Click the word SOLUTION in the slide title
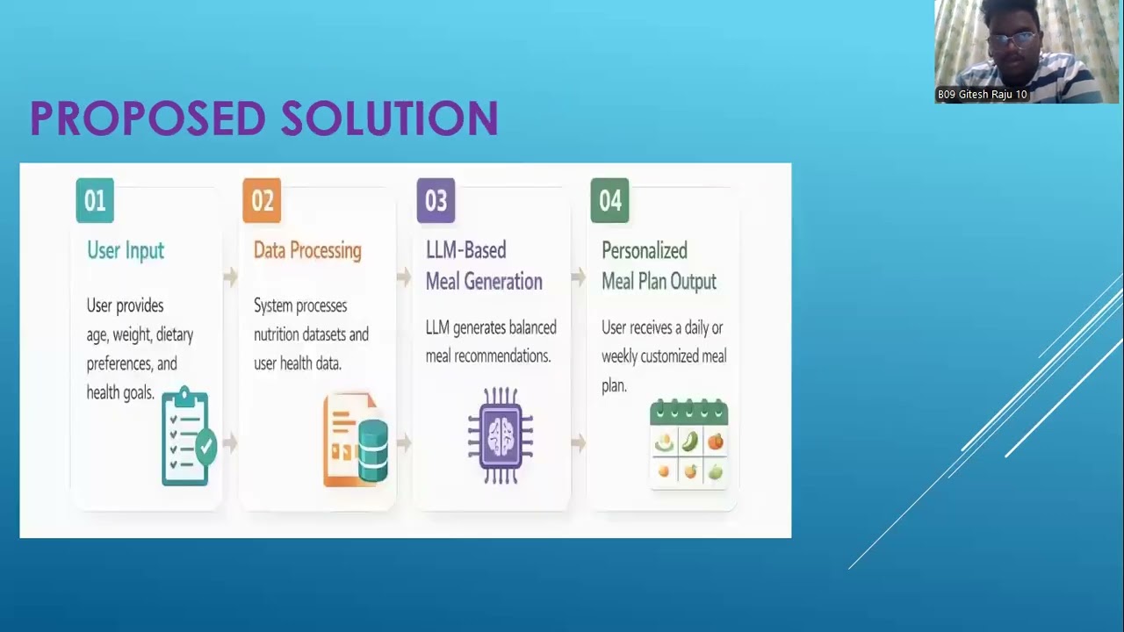(x=390, y=118)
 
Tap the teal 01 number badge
(x=95, y=201)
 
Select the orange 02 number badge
(x=262, y=201)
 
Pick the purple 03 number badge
(x=436, y=201)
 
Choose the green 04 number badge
(x=609, y=201)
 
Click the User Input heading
(x=126, y=251)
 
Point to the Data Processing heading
(x=307, y=251)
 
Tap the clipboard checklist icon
(x=187, y=437)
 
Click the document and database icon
(x=356, y=441)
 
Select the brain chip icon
(x=500, y=435)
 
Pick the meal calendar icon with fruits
(x=688, y=443)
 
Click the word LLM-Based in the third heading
(x=465, y=251)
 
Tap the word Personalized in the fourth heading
(x=644, y=251)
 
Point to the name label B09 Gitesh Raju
(x=982, y=95)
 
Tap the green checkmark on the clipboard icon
(x=206, y=446)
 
